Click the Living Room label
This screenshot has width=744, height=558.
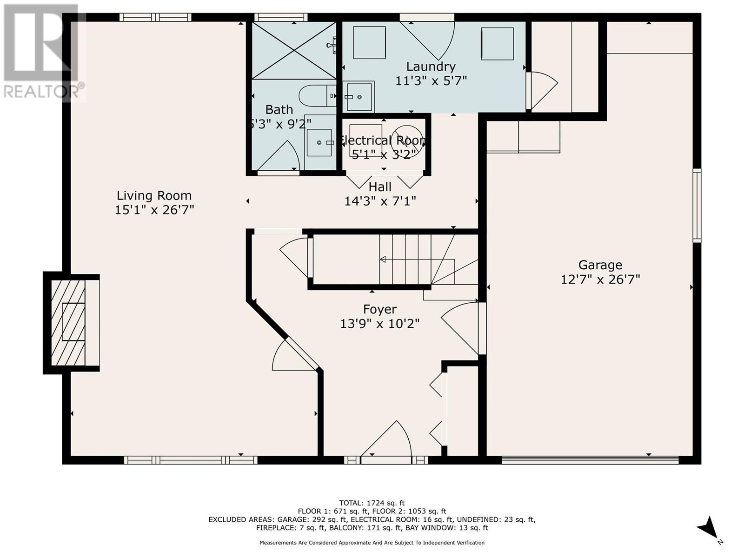pos(154,195)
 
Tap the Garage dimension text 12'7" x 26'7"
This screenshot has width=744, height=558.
pos(600,279)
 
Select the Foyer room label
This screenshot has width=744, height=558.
pos(379,309)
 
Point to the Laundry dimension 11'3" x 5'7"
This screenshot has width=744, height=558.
pos(431,80)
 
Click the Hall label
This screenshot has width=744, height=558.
pos(380,186)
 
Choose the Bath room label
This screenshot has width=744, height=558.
pos(279,109)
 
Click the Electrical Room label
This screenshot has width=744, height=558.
pos(383,140)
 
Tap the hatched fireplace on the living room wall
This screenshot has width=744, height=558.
pos(71,323)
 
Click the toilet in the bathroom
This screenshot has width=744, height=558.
pos(317,95)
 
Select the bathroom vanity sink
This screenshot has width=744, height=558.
pos(319,143)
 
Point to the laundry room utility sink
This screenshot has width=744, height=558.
pos(359,97)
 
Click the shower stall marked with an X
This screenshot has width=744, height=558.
pos(294,51)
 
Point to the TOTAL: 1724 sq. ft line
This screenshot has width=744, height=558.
pos(372,503)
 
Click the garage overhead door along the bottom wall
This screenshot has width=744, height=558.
pos(590,460)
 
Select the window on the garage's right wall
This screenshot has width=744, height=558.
pos(697,205)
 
